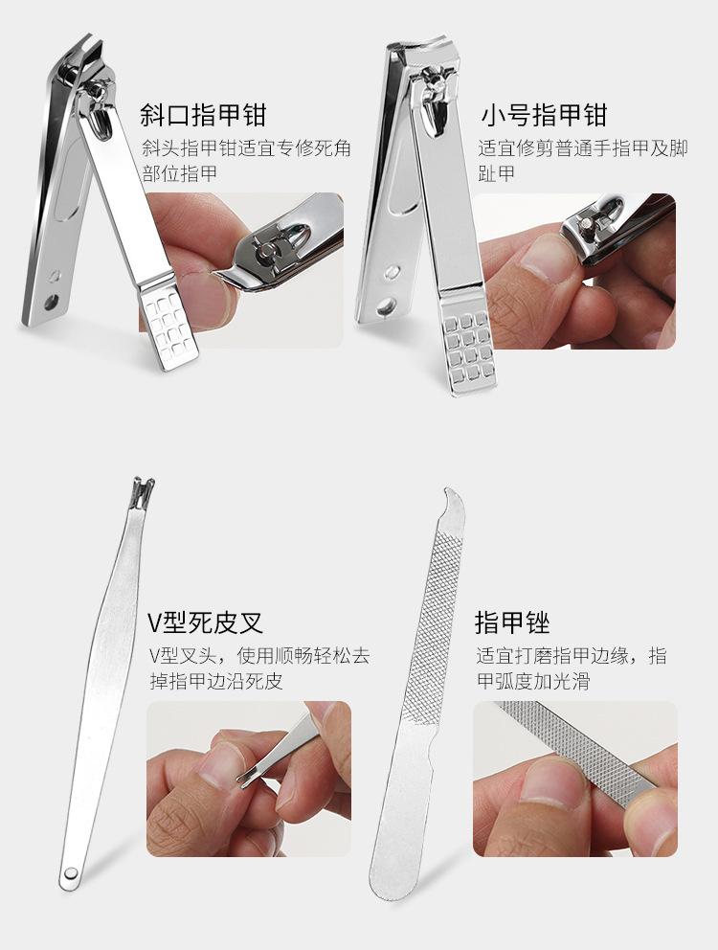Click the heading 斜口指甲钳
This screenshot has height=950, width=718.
pos(203,115)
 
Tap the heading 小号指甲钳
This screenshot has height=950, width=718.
pos(544,115)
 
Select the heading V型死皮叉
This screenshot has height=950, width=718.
pos(206,622)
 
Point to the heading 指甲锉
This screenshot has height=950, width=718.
pos(512,622)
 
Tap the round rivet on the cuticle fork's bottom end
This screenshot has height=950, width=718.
pos(70,873)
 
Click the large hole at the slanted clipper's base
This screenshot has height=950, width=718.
pos(52,301)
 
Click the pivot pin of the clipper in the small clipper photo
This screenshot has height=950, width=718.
pos(587,223)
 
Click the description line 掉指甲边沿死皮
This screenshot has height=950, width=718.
pos(216,681)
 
